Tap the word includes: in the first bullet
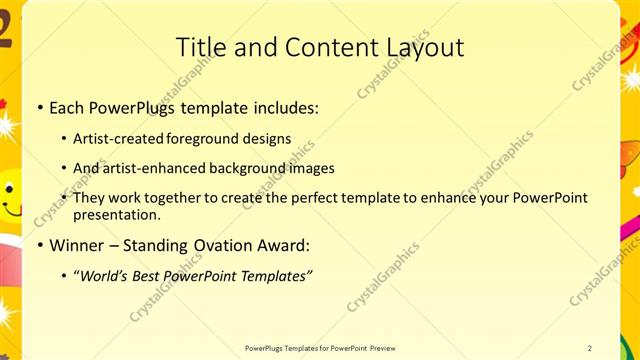coord(283,107)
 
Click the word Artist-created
coord(114,139)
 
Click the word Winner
coord(78,246)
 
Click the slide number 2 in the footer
coord(590,348)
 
